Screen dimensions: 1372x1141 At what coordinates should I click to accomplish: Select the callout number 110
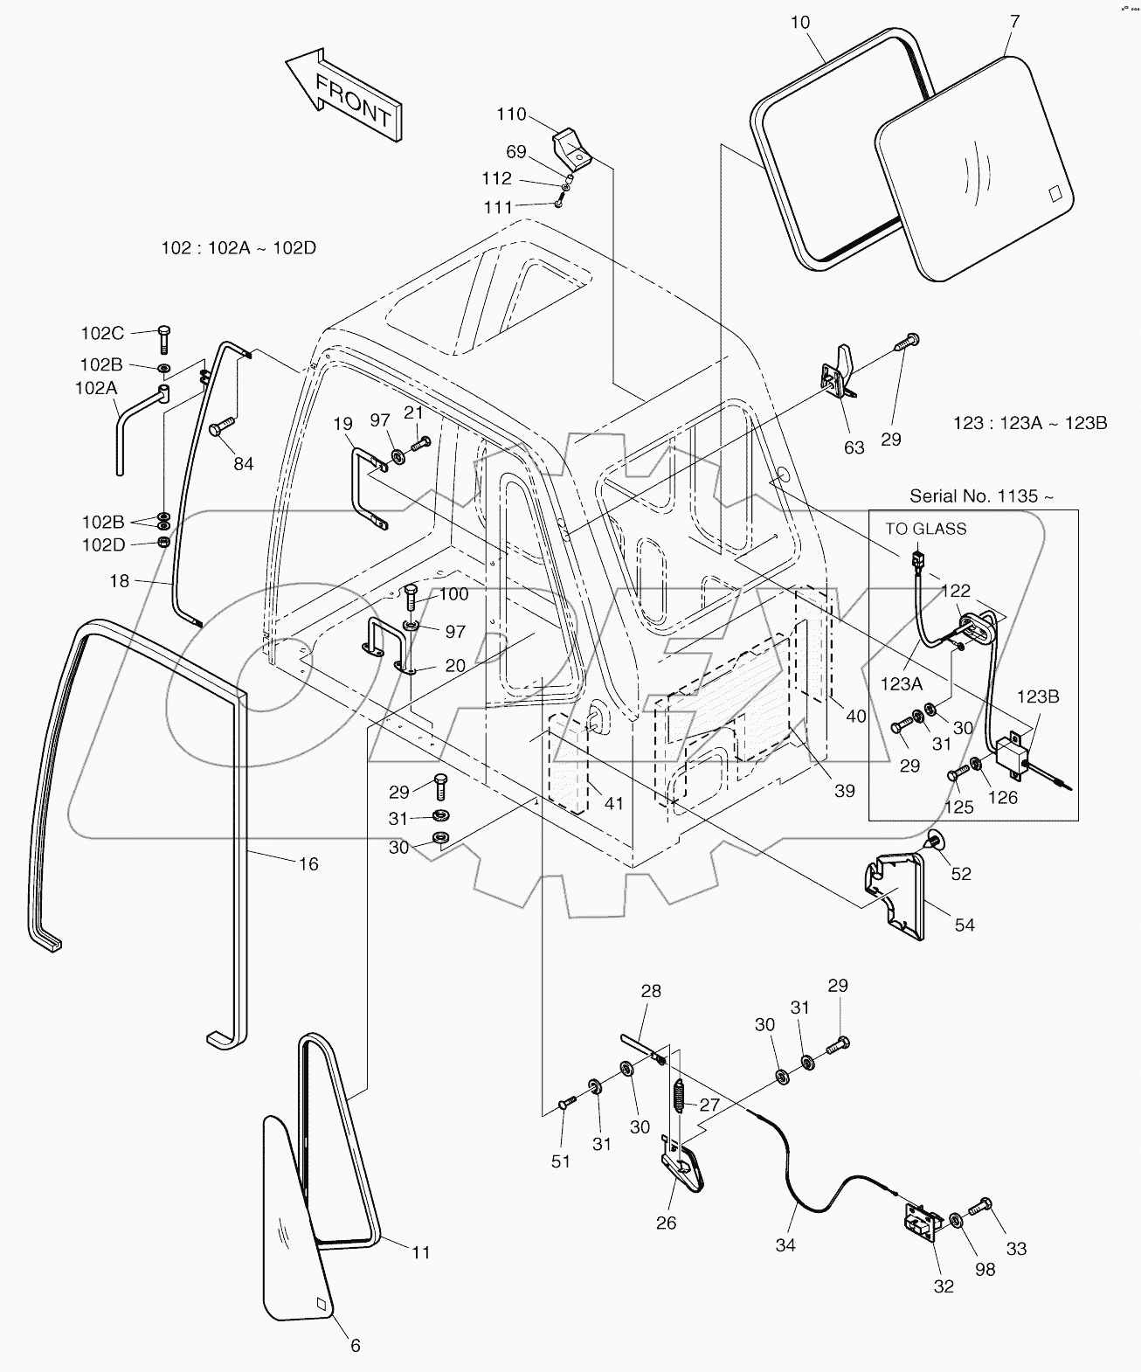(x=512, y=114)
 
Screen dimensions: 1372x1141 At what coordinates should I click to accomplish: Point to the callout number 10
(x=800, y=23)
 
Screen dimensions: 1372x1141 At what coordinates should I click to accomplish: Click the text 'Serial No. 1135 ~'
(x=981, y=496)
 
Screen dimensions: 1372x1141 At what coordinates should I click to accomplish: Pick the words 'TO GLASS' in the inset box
(x=926, y=529)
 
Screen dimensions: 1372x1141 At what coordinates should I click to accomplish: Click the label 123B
(x=1038, y=697)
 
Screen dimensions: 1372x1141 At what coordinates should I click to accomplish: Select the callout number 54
(x=965, y=925)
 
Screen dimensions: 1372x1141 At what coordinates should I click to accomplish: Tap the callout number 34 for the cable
(x=785, y=1245)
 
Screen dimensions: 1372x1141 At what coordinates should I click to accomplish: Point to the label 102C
(x=102, y=333)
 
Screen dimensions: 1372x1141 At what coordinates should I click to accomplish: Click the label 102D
(x=102, y=544)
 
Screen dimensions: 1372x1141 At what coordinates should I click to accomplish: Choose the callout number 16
(x=308, y=863)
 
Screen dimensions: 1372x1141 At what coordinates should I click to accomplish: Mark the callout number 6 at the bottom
(x=356, y=1347)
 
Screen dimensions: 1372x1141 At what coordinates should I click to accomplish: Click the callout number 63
(x=854, y=447)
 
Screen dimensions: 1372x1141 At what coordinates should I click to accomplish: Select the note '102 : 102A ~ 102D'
(x=239, y=248)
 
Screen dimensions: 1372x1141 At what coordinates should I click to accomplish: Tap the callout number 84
(x=243, y=463)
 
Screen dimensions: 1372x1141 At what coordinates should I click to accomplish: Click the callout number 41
(x=614, y=802)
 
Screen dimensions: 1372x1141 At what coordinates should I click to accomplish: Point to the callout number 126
(x=1003, y=798)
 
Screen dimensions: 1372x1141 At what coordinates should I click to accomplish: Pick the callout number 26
(x=667, y=1223)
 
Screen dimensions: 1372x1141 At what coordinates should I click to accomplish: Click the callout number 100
(x=453, y=594)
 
